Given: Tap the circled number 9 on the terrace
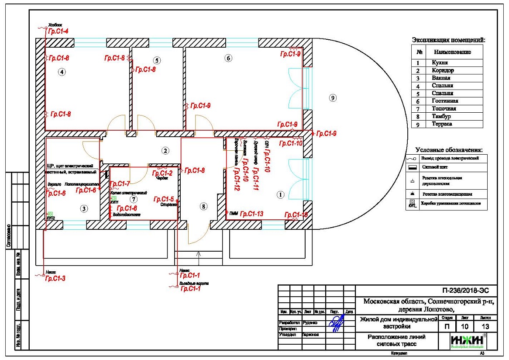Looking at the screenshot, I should [333, 98].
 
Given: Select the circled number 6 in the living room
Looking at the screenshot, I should [227, 58].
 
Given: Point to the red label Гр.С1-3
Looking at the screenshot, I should [55, 279].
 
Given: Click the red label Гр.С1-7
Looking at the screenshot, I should [120, 183].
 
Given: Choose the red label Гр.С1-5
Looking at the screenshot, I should [164, 199].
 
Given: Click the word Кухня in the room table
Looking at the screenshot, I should [440, 63].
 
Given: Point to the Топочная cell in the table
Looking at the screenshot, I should [444, 109].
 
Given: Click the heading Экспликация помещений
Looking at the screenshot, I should [448, 40].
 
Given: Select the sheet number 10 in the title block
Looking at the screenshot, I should [463, 326].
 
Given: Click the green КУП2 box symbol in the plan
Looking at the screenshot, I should [50, 214].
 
